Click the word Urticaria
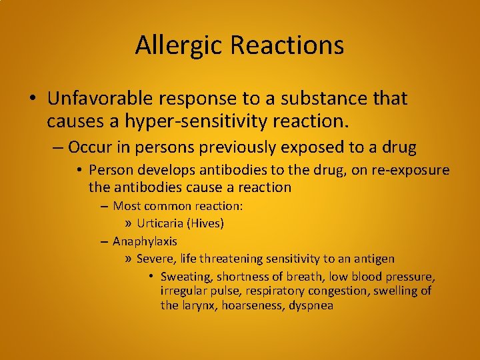pos(161,223)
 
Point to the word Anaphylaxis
pos(145,241)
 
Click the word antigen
pos(373,258)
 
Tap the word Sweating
pos(185,276)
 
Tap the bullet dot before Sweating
pos(152,276)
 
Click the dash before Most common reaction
pos(105,206)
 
